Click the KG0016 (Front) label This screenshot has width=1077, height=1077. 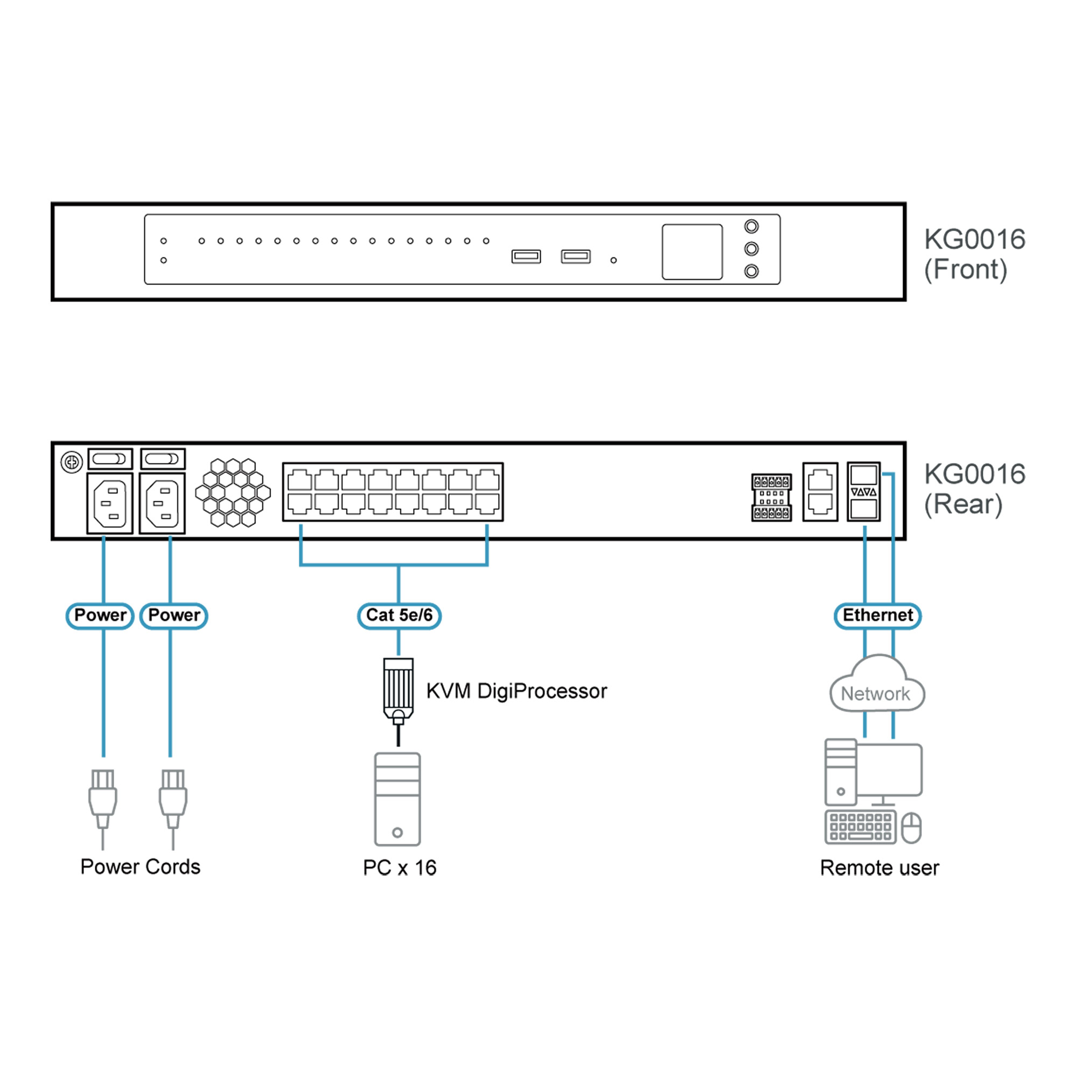point(974,254)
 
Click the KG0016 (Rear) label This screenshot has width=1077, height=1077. point(974,489)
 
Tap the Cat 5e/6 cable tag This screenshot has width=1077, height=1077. point(399,616)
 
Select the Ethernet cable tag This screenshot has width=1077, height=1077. point(877,616)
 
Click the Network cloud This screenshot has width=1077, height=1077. point(876,686)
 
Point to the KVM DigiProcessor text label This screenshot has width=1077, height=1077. point(516,691)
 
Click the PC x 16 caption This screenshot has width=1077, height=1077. point(399,868)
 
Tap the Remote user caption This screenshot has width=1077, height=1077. point(879,868)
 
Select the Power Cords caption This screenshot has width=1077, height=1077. point(140,867)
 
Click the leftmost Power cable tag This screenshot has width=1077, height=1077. point(100,616)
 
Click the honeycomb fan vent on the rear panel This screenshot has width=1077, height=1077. point(233,492)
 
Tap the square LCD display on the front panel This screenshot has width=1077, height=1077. point(692,252)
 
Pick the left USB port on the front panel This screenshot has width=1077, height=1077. point(526,256)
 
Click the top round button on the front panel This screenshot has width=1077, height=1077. point(751,226)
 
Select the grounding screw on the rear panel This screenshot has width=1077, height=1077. point(72,462)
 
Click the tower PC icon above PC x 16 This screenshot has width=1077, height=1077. point(397,799)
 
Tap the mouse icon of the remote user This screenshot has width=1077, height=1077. point(912,828)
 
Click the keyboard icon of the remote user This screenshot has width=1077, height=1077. point(860,827)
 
